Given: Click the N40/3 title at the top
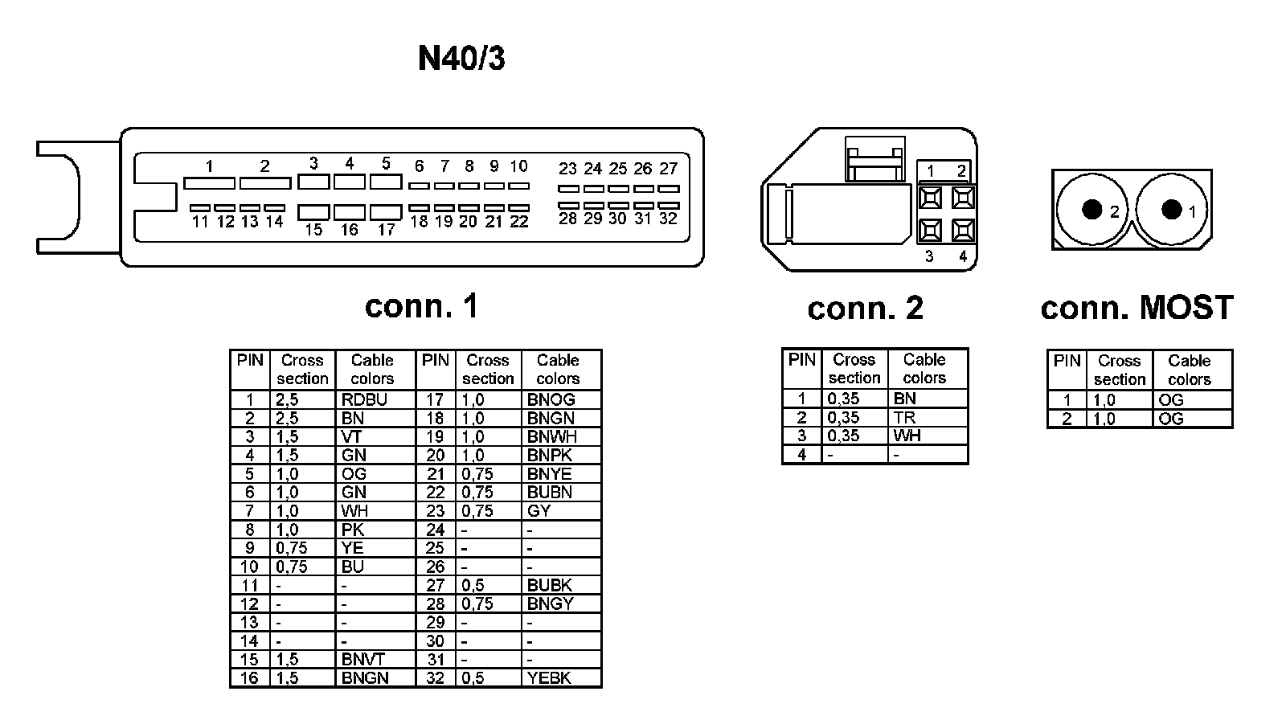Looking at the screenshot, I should click(x=461, y=58).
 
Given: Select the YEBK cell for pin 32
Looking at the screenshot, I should click(x=549, y=677).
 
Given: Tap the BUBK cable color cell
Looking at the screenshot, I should click(x=550, y=585).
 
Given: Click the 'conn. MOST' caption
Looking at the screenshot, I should click(x=1137, y=308).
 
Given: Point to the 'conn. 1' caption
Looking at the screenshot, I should click(x=421, y=305).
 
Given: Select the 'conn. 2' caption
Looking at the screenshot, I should click(x=865, y=308).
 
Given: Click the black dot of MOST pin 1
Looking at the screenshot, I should click(x=1172, y=209).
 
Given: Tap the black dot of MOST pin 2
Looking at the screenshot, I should click(x=1091, y=209).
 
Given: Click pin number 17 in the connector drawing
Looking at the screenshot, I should click(x=387, y=230).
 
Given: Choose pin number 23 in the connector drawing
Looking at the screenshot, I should click(x=567, y=169).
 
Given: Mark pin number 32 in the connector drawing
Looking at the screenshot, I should click(x=668, y=219).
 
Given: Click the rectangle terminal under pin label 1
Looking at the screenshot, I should click(x=209, y=183).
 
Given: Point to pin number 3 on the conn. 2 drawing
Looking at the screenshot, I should click(x=929, y=256).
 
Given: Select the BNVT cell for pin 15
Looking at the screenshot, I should click(x=362, y=659).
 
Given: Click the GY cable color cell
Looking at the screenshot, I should click(x=539, y=511).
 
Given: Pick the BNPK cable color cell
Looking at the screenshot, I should click(x=549, y=455).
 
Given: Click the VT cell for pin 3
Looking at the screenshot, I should click(x=351, y=436).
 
